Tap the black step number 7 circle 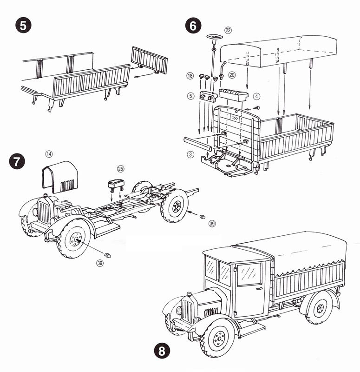coord(16,162)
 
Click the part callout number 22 coord(228,30)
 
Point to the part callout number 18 coord(190,75)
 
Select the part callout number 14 coord(49,153)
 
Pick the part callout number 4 coord(257,97)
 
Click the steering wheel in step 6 coord(214,37)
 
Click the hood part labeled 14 coord(60,177)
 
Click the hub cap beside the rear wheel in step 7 coord(202,217)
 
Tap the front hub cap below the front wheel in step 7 coord(108,255)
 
